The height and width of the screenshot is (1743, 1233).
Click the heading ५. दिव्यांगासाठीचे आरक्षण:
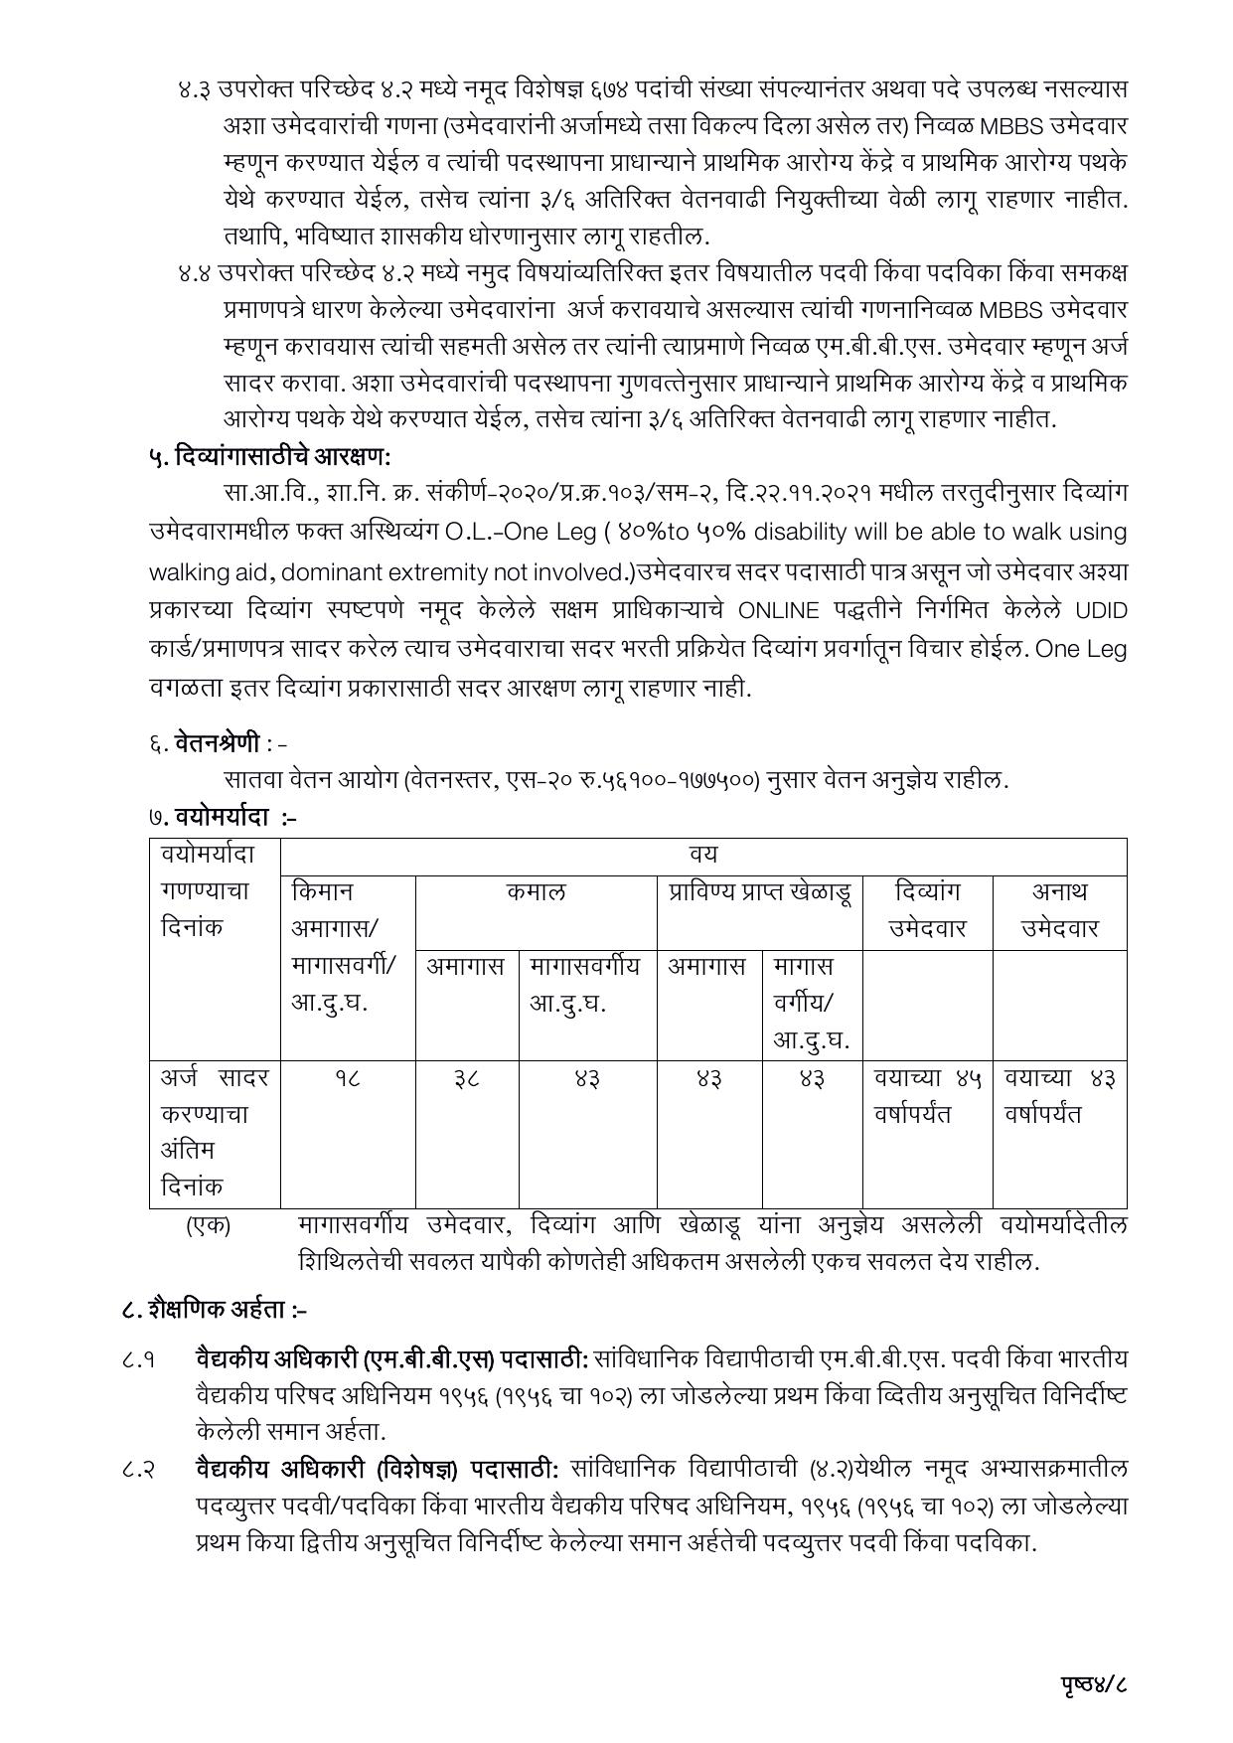(x=269, y=457)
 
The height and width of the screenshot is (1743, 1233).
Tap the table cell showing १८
(x=347, y=1078)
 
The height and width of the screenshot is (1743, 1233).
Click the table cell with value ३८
(x=466, y=1078)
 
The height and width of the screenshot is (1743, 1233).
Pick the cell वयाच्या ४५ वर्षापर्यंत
(x=927, y=1096)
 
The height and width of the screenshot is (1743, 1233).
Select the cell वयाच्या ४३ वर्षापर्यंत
(x=1059, y=1096)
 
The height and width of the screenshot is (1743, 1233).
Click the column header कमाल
(x=536, y=891)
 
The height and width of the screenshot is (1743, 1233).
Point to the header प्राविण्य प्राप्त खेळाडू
(x=759, y=891)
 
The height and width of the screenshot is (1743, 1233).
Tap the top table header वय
(x=702, y=855)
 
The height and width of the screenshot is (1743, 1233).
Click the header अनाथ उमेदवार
(x=1059, y=909)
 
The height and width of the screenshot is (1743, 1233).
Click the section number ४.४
(x=195, y=271)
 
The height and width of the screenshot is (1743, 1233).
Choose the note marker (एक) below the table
(x=208, y=1225)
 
